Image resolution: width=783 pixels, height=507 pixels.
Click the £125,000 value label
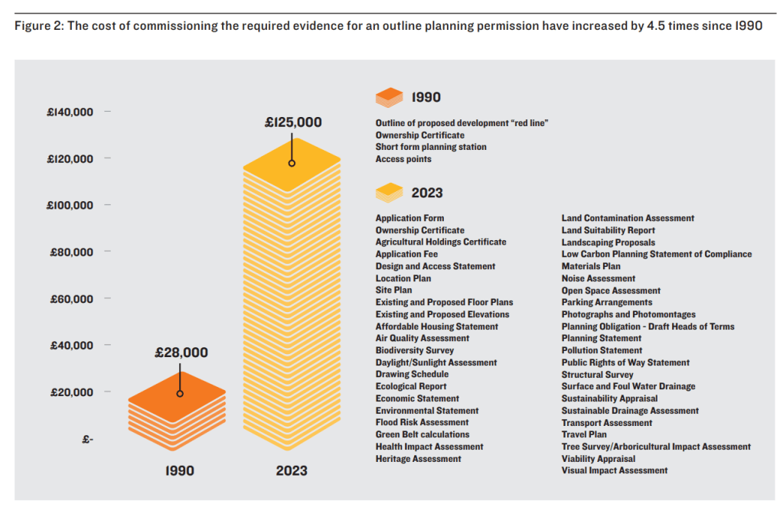click(293, 122)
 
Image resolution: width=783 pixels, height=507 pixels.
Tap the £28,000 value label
click(181, 353)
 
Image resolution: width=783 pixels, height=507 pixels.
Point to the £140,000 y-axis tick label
click(70, 112)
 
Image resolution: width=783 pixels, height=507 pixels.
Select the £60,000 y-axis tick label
click(72, 299)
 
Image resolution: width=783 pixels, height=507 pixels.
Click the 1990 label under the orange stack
click(180, 471)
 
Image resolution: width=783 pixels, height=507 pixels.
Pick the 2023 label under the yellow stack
click(292, 471)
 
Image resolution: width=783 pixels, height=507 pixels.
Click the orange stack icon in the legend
click(389, 97)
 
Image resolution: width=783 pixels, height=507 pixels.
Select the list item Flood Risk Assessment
click(422, 422)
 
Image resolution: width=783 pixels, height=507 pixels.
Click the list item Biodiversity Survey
click(414, 350)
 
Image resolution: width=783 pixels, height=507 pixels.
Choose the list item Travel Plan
click(584, 434)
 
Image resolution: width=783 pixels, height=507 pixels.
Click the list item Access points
click(403, 159)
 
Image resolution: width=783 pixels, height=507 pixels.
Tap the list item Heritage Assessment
click(418, 459)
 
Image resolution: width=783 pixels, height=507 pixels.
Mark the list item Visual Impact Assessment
click(614, 470)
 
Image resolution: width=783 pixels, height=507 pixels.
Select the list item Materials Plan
click(590, 266)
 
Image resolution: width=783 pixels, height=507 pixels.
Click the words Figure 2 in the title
click(39, 25)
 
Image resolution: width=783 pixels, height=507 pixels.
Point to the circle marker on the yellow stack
click(292, 163)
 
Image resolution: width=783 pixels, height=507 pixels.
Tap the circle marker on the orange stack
click(180, 394)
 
